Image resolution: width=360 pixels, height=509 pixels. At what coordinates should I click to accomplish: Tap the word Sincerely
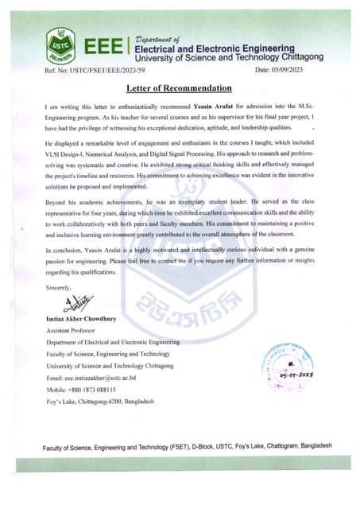point(59,286)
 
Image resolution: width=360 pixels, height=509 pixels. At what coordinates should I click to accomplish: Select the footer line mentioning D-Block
point(188,446)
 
